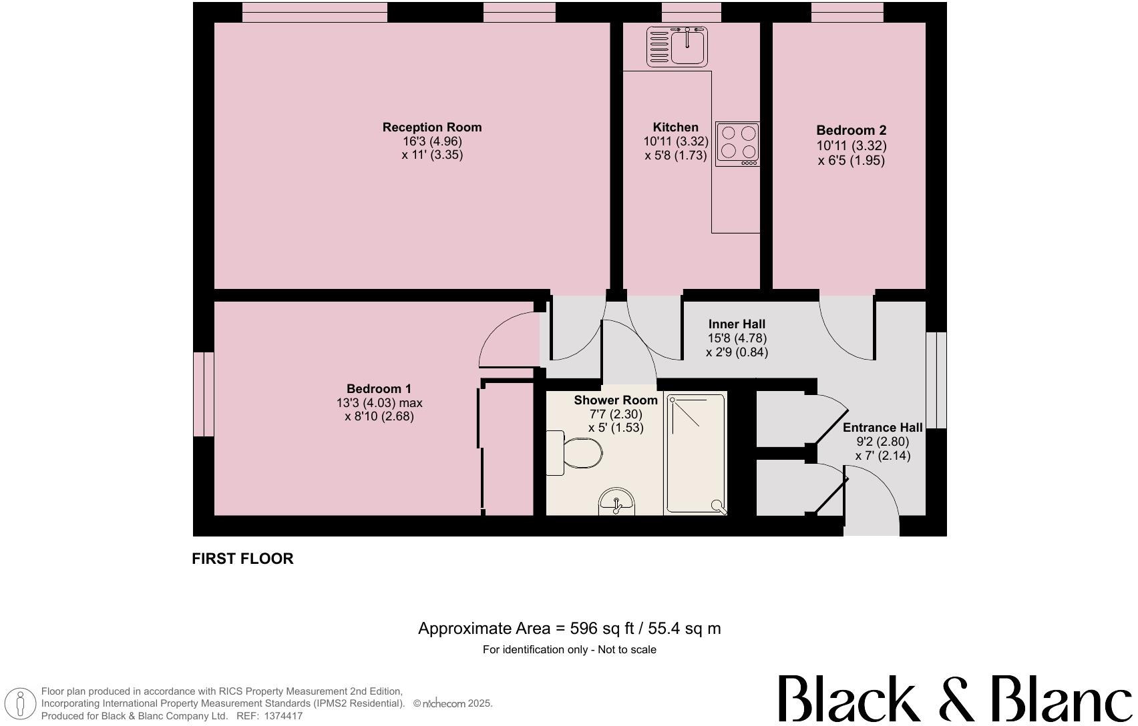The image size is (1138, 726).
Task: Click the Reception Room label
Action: coord(431,127)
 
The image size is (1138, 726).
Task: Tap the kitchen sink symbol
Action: coord(677,46)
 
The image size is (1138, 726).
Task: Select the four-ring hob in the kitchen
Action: coord(737,143)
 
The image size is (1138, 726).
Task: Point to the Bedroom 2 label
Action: coord(851,130)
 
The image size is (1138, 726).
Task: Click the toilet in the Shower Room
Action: coord(576,453)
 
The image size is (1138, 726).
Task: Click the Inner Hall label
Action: coord(737,324)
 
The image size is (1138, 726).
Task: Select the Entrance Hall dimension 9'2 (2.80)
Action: coord(882,442)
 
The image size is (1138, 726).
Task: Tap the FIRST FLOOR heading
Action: coord(242,559)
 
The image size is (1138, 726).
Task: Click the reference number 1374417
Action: coord(284,716)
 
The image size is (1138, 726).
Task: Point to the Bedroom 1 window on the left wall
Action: coord(204,394)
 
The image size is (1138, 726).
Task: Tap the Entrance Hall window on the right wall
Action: coord(936,380)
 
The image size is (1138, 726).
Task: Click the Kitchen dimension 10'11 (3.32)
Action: coord(675,141)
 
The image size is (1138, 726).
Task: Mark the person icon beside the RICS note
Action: coord(21,704)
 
